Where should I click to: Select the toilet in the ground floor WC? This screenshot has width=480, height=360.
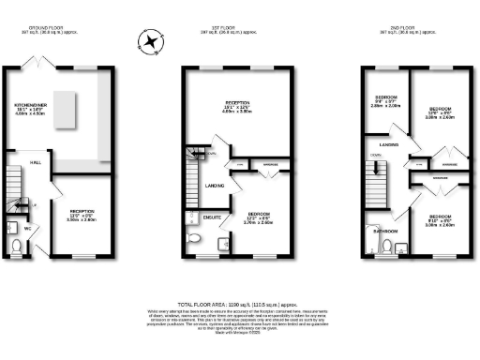[x=17, y=245]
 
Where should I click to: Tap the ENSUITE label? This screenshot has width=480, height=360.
[x=212, y=217]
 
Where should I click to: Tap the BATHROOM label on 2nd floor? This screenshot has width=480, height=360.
[x=386, y=231]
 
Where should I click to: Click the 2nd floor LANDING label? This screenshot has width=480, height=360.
[x=389, y=145]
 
